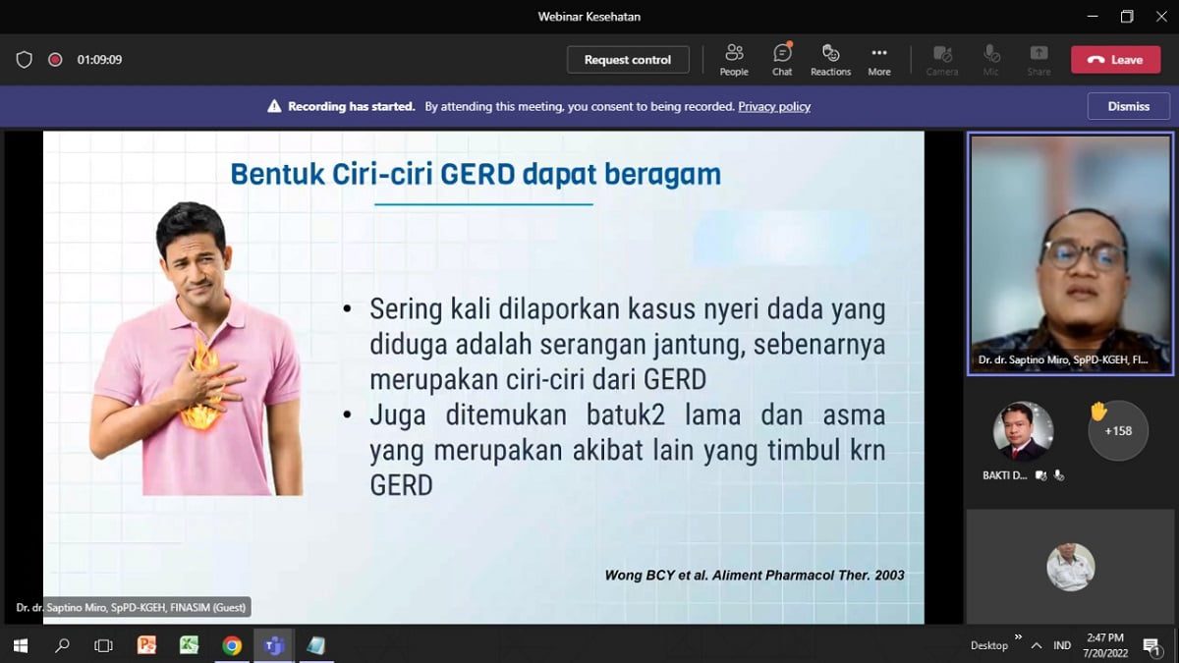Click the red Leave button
coord(1115,60)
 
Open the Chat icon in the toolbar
coord(782,53)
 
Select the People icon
coord(734,53)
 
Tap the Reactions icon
coord(830,53)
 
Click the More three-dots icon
coord(879,53)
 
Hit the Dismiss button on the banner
coord(1129,106)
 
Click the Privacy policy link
coord(774,106)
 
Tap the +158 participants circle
coord(1118,431)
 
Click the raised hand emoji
coord(1098,411)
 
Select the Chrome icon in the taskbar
coord(232,645)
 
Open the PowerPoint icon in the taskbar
coord(146,645)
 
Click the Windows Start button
coord(21,645)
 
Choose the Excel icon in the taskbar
coord(189,645)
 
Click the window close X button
coord(1161,17)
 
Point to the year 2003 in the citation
coord(889,576)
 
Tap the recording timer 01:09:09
coord(99,60)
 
